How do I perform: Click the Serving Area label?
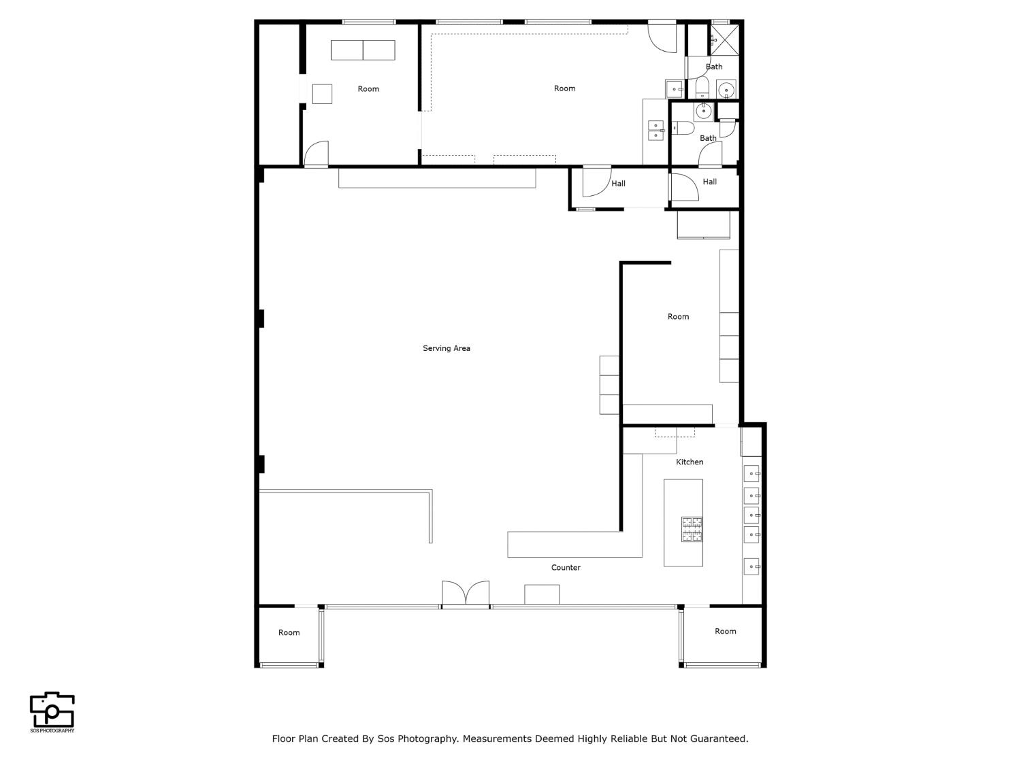point(447,348)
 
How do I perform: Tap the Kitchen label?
point(690,462)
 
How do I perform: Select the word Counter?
point(566,567)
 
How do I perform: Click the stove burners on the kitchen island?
point(692,529)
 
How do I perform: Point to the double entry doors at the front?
point(466,594)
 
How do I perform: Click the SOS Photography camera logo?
point(52,711)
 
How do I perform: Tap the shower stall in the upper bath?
point(724,39)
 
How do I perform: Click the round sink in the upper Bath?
point(726,89)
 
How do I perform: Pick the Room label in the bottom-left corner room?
point(289,632)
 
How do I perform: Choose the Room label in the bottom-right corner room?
point(726,631)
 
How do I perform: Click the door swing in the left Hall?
point(594,182)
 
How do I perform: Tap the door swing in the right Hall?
point(683,187)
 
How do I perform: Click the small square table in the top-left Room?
point(322,94)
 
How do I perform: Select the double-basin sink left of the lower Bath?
point(655,131)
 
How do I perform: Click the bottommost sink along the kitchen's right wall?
point(751,566)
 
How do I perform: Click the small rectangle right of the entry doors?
point(542,594)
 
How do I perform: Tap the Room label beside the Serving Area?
point(678,316)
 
